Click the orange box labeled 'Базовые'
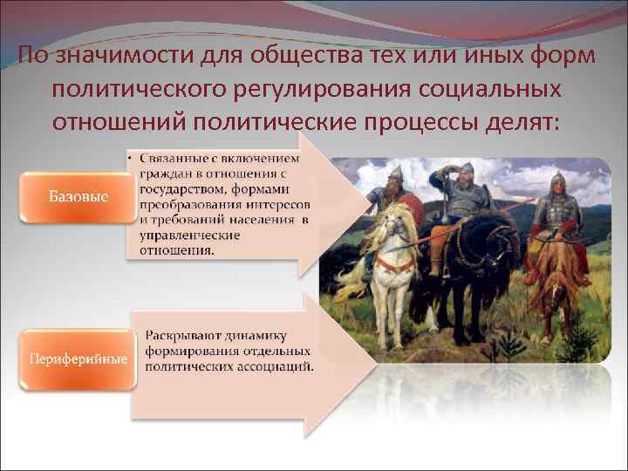pyautogui.click(x=78, y=196)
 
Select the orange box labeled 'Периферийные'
pyautogui.click(x=78, y=358)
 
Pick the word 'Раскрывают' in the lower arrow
pyautogui.click(x=184, y=336)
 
